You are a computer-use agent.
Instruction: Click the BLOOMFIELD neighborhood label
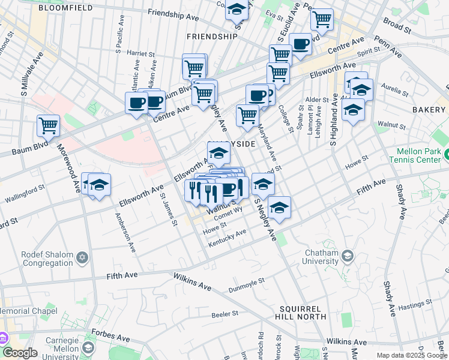point(65,8)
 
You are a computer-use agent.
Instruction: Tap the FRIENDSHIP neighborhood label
point(212,37)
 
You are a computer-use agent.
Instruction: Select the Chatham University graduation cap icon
point(347,257)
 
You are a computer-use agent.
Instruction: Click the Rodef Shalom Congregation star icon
point(82,257)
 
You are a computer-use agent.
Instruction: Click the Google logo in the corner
point(19,353)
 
